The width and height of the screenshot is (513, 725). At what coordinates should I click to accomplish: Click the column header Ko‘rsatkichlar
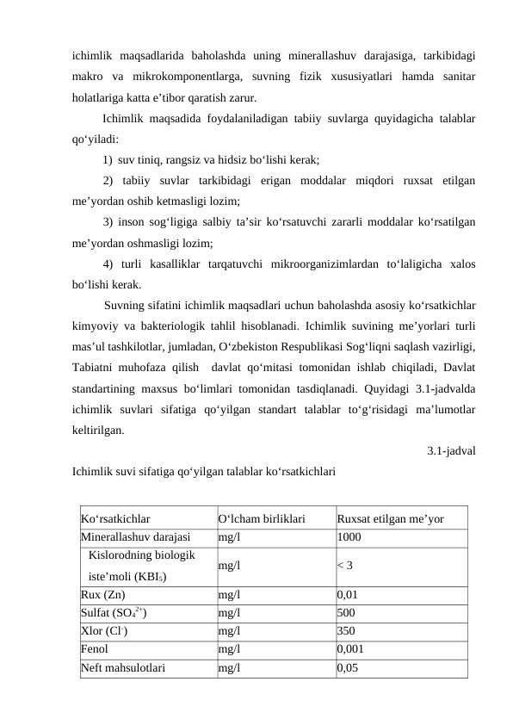115,519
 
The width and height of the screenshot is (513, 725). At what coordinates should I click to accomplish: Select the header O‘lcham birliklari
262,519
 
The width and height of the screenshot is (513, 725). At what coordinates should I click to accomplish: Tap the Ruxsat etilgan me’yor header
391,519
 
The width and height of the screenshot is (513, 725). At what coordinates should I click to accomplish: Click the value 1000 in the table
349,537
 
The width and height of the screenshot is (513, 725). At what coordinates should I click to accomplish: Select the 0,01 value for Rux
349,594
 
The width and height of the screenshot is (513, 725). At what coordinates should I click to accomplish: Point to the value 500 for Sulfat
347,612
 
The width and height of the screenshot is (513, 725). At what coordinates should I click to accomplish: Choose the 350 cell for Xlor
347,630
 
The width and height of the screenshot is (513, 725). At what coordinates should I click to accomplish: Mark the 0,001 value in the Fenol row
352,648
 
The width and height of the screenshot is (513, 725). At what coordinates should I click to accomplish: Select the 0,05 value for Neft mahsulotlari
349,666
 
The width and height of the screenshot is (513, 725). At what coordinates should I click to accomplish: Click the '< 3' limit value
345,566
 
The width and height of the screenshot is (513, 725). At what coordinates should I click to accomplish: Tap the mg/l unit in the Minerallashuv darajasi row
229,537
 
